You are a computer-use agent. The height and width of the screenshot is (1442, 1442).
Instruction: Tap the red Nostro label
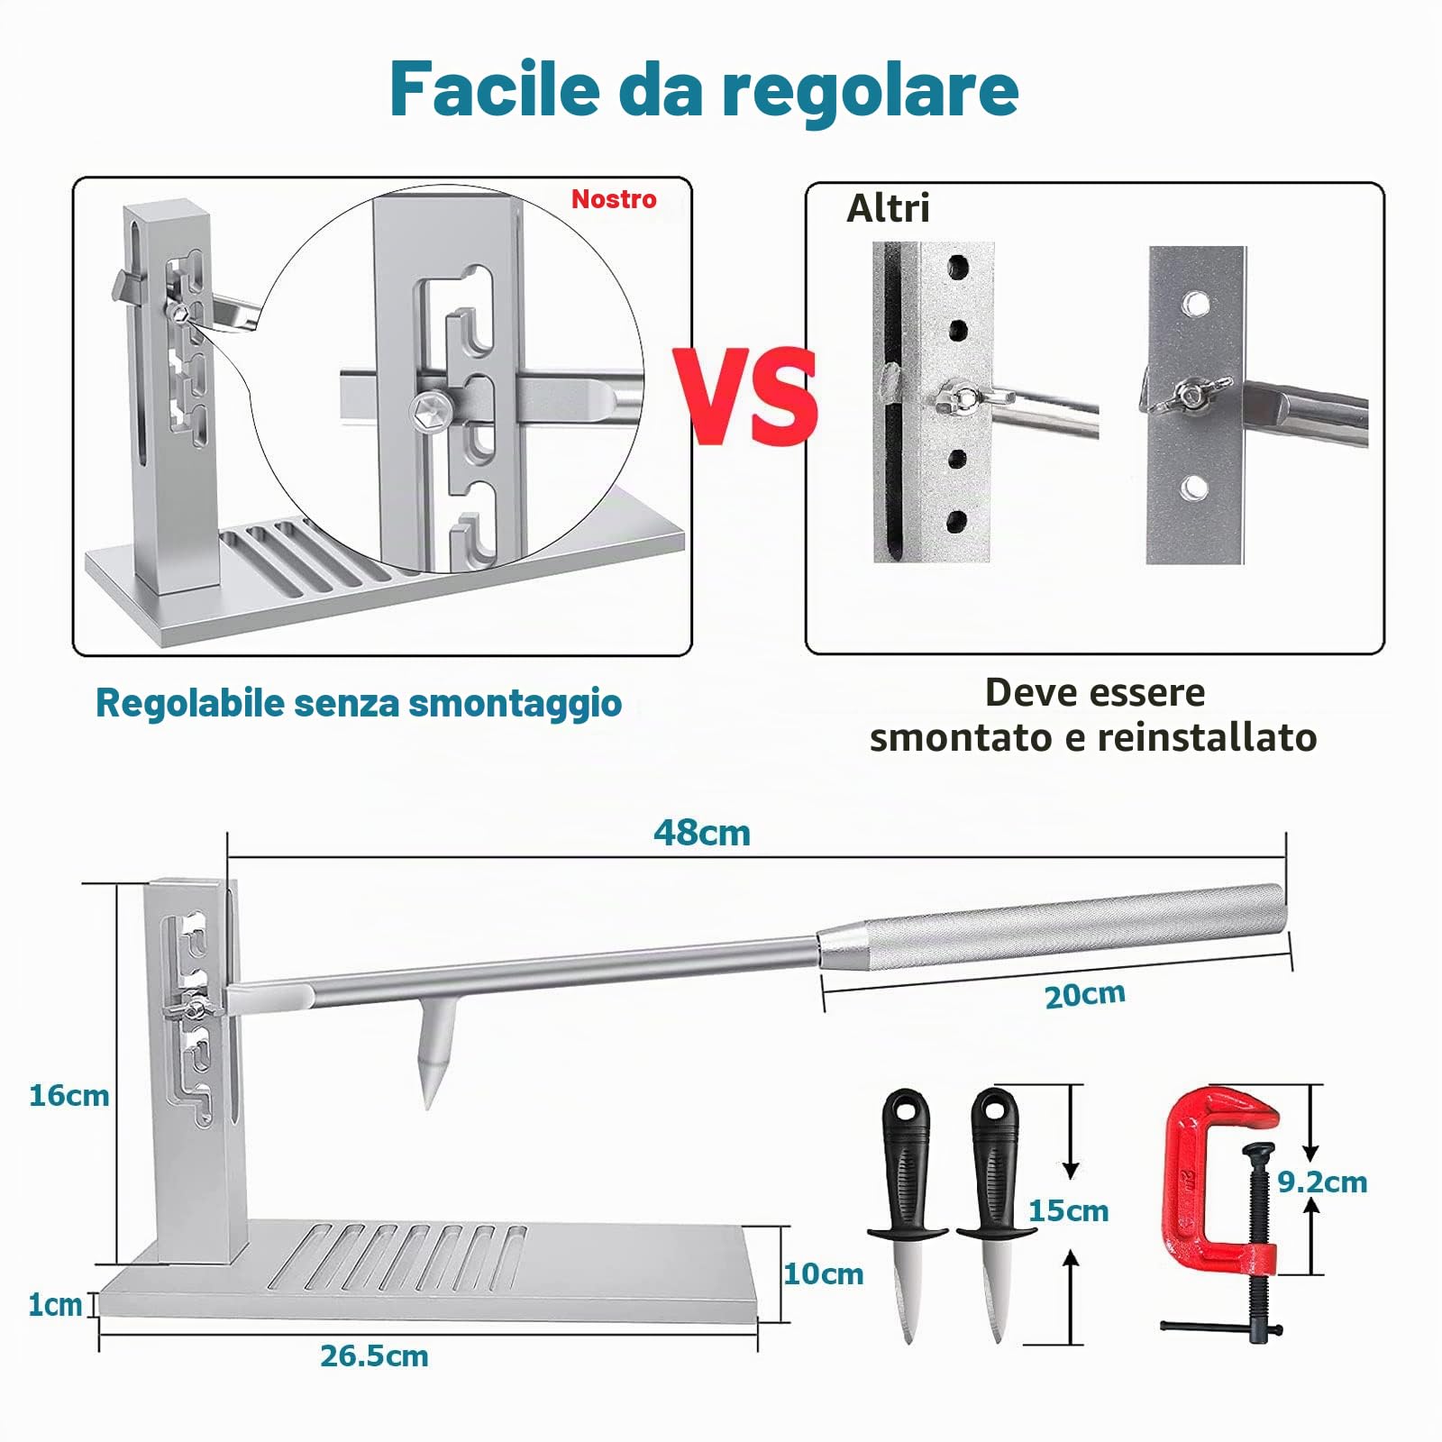point(614,199)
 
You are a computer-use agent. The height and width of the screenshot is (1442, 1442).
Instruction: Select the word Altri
point(888,208)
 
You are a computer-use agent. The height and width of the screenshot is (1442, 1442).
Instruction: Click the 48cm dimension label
point(702,833)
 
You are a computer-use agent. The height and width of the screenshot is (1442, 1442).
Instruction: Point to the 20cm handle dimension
point(1085,995)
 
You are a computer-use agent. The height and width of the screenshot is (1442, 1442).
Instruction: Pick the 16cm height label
point(68,1096)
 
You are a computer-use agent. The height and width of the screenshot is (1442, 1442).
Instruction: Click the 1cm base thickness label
point(55,1305)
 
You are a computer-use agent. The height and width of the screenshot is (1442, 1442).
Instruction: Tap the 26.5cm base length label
point(374,1355)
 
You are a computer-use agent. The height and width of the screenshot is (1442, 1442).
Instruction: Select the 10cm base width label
point(823,1273)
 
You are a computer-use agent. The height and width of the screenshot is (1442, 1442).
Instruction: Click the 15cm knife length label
point(1068,1210)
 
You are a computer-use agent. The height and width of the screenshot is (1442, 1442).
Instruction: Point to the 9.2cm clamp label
point(1322,1182)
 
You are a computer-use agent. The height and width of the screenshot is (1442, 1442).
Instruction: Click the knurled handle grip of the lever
point(1054,928)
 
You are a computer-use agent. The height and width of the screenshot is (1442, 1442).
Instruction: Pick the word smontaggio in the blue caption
point(515,704)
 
